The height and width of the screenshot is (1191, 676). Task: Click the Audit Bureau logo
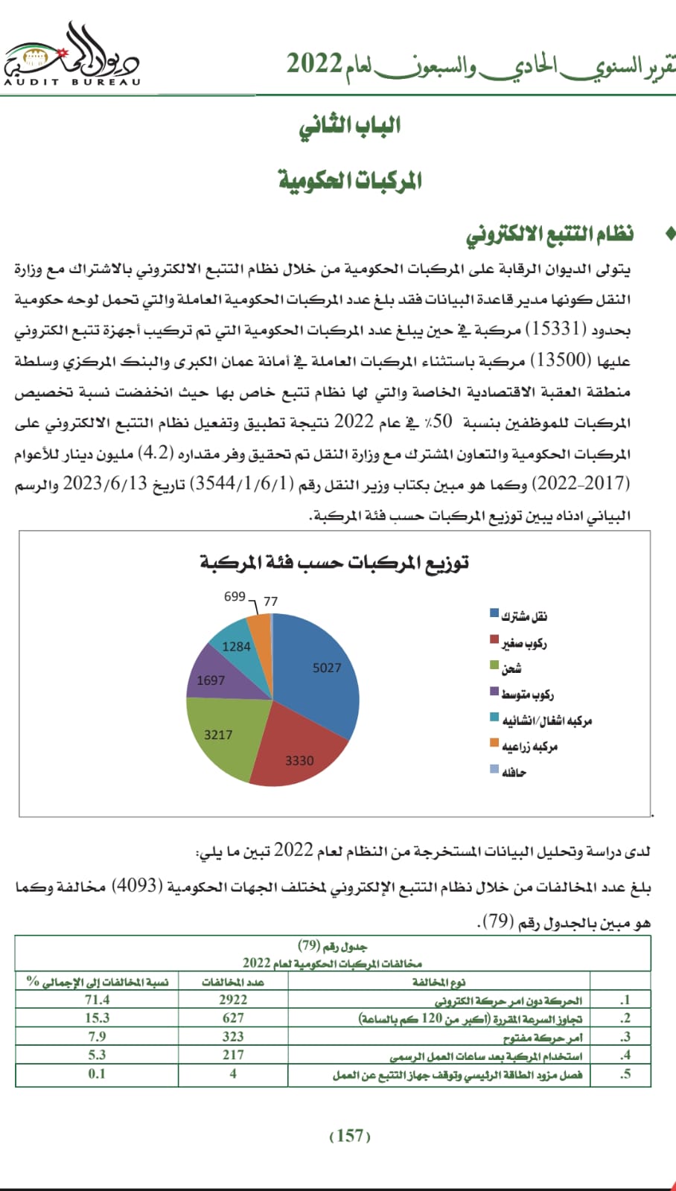click(72, 57)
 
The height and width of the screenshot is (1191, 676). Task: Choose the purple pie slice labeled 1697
click(212, 677)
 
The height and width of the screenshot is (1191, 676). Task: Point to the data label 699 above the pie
click(235, 596)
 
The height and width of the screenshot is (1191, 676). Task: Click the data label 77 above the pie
click(270, 601)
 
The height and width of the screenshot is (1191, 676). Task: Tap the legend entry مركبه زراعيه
click(529, 746)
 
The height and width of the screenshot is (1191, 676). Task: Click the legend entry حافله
click(513, 772)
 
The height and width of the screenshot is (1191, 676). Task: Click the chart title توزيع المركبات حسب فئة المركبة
click(334, 563)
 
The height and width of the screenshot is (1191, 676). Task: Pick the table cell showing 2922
click(233, 1000)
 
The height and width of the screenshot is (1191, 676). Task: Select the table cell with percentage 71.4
click(97, 1000)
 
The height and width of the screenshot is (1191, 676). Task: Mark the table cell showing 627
click(233, 1018)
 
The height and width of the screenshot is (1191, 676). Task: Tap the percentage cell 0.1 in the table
click(97, 1073)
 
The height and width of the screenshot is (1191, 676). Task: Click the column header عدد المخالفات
click(233, 982)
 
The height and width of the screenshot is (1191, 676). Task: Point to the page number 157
click(350, 1135)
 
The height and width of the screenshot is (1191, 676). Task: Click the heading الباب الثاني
click(350, 126)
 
